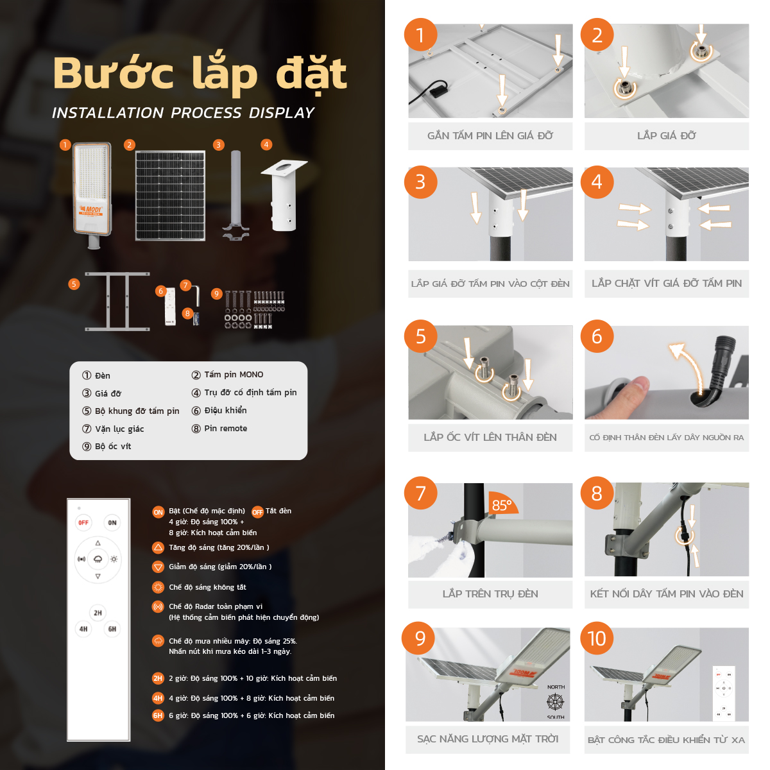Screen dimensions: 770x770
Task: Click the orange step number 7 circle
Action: (x=420, y=493)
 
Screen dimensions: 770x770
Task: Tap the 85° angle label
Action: (x=501, y=506)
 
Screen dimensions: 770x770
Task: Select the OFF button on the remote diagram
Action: (x=83, y=523)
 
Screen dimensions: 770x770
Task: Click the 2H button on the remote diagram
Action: (x=98, y=613)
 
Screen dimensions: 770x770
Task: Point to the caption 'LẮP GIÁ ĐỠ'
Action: (x=666, y=136)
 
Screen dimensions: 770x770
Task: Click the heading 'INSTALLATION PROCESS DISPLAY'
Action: (x=183, y=113)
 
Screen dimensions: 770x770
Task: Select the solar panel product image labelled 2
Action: (x=170, y=196)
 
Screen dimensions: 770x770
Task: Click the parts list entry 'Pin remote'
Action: (x=225, y=429)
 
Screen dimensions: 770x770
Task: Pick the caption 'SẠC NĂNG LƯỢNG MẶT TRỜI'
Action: (x=488, y=739)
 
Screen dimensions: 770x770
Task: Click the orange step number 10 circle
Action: (x=597, y=638)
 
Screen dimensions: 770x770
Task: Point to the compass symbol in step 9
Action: (x=555, y=701)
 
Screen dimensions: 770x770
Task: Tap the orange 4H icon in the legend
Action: (x=158, y=698)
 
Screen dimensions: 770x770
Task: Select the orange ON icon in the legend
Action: (x=158, y=512)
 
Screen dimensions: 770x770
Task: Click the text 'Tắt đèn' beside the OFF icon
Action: (x=278, y=511)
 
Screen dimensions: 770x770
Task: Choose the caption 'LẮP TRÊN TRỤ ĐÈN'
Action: (x=490, y=594)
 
